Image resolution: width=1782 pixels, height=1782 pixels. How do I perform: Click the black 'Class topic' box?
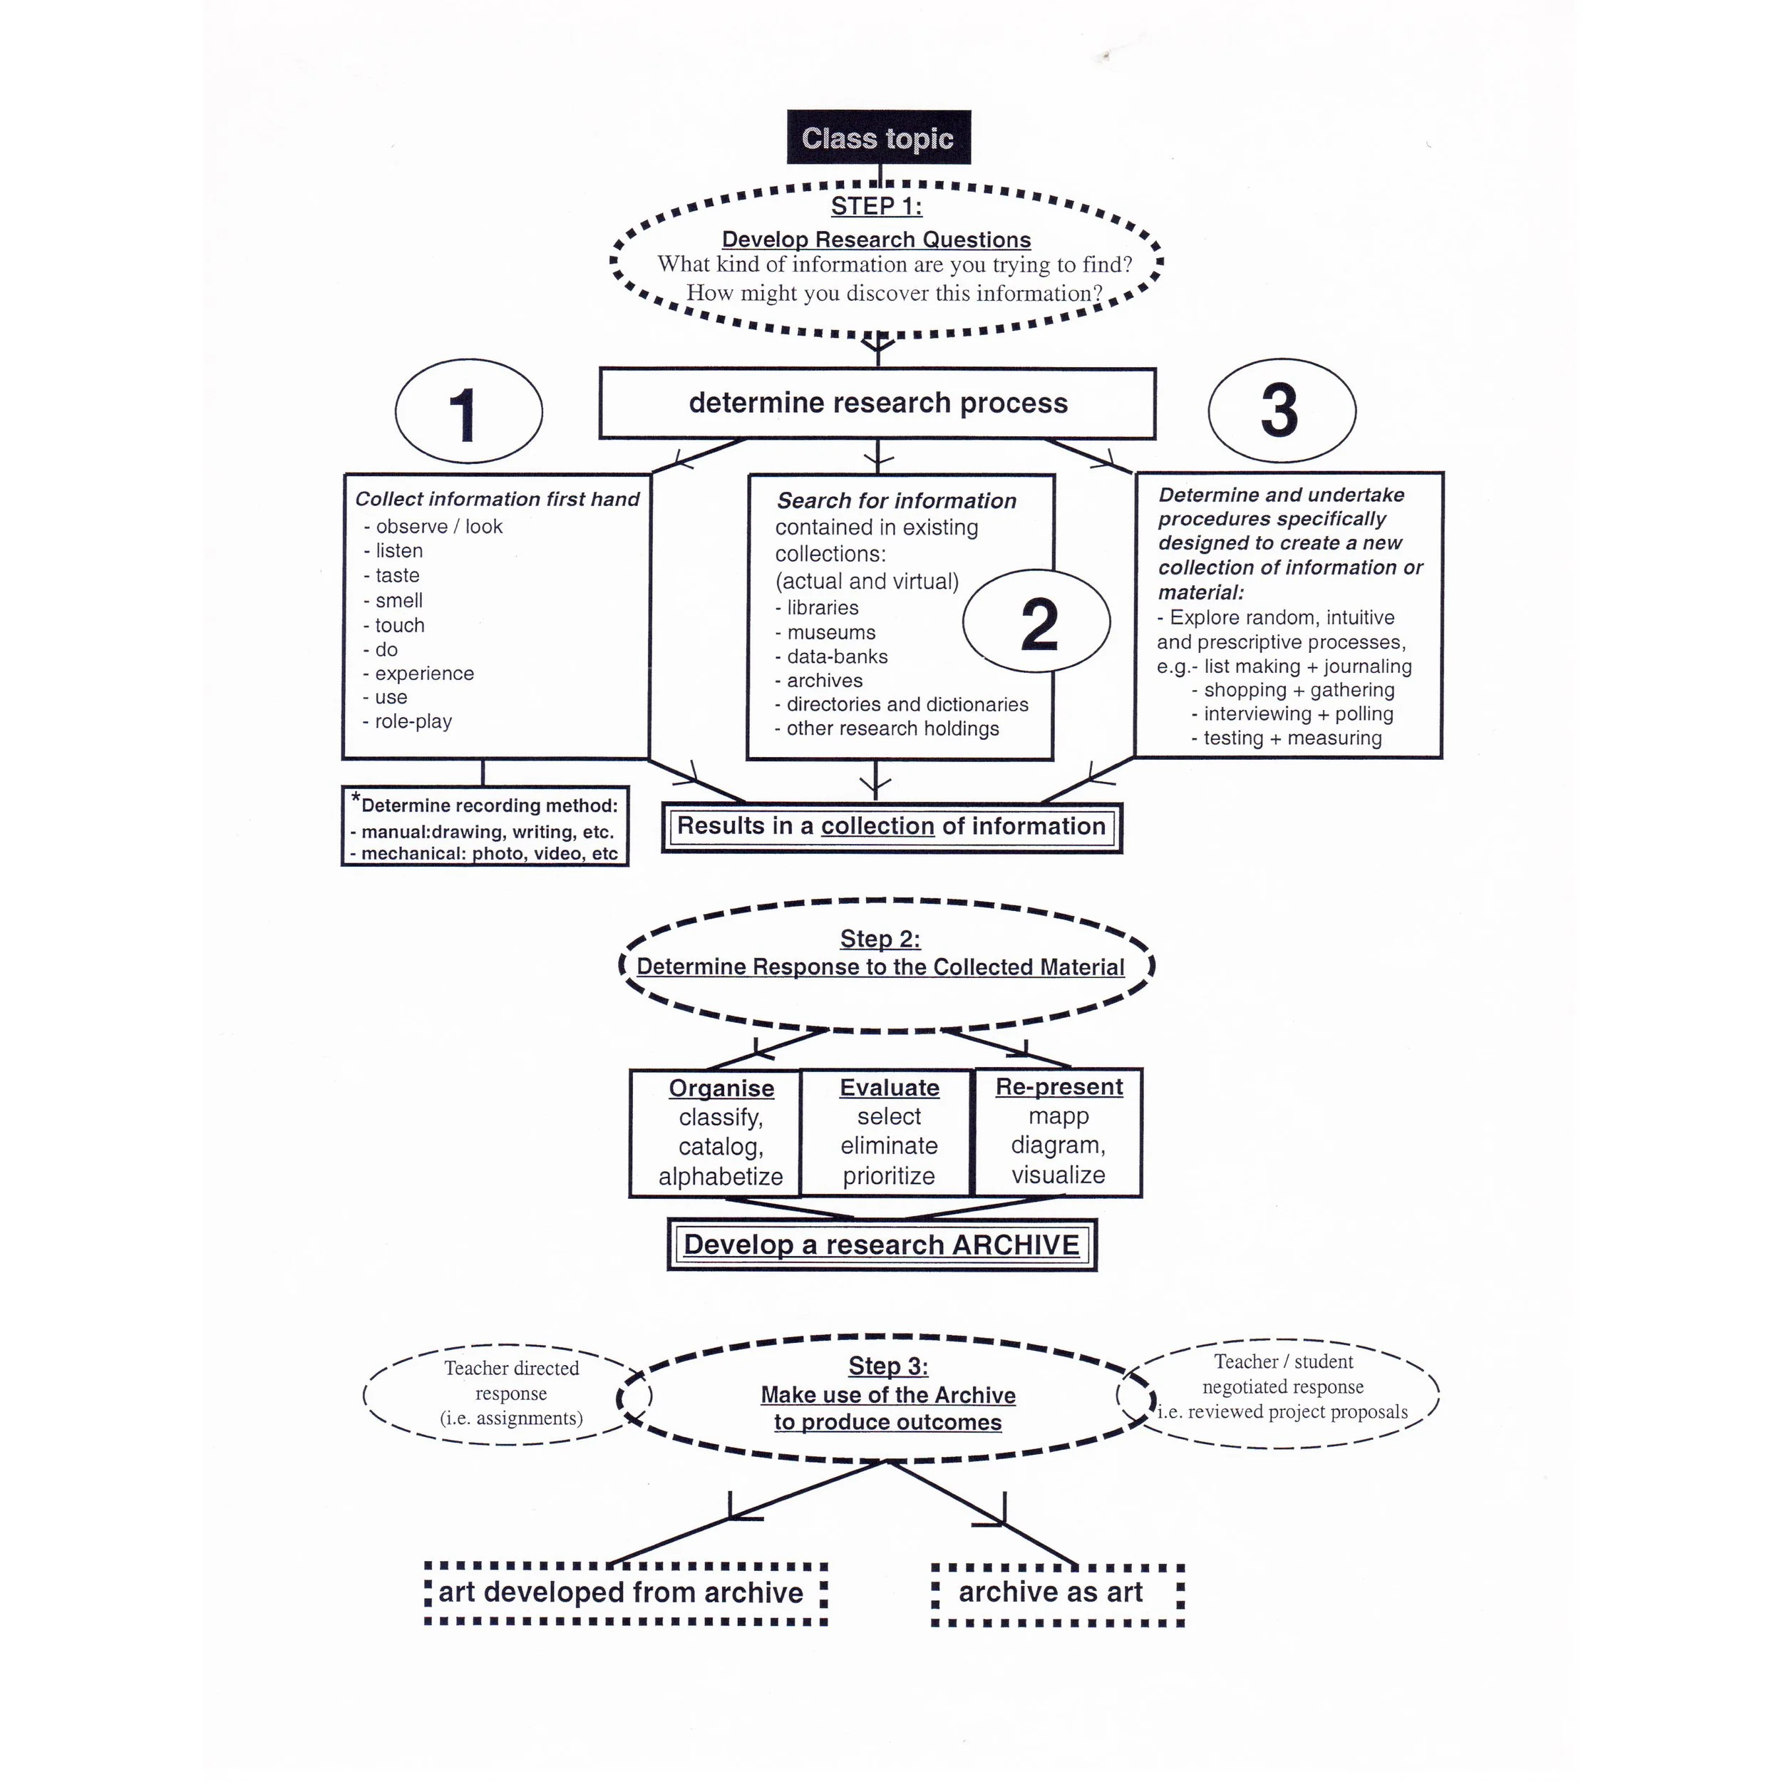pyautogui.click(x=877, y=138)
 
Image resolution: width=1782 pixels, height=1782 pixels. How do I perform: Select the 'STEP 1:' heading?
pyautogui.click(x=875, y=206)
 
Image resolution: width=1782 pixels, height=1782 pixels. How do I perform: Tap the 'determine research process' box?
pyautogui.click(x=877, y=403)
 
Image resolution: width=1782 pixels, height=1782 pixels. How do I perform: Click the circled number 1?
pyautogui.click(x=468, y=411)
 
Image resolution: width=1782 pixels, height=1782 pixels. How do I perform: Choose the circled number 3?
pyautogui.click(x=1280, y=411)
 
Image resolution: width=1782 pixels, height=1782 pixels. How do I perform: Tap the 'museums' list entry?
pyautogui.click(x=830, y=633)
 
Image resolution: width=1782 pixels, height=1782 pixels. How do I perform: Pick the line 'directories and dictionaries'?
pyautogui.click(x=907, y=705)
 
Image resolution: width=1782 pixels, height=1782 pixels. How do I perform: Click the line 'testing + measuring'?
pyautogui.click(x=1292, y=738)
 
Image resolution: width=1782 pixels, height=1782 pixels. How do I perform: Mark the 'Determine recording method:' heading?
pyautogui.click(x=488, y=805)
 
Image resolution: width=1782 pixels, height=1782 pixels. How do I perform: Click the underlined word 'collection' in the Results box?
pyautogui.click(x=877, y=826)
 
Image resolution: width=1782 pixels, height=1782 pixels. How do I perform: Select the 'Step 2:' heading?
pyautogui.click(x=880, y=939)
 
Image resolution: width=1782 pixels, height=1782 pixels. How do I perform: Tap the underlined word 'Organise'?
pyautogui.click(x=721, y=1088)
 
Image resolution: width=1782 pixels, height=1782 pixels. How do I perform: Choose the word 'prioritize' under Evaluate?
pyautogui.click(x=888, y=1176)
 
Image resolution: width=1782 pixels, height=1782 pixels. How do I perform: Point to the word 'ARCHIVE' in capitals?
pyautogui.click(x=1016, y=1245)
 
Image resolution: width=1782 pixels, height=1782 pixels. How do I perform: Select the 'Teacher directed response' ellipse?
pyautogui.click(x=510, y=1393)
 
